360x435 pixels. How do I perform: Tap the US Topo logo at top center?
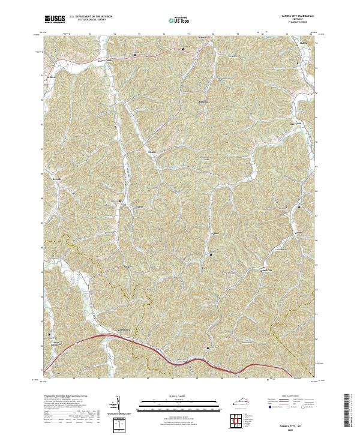click(x=178, y=20)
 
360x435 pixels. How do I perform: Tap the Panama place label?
click(x=203, y=101)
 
